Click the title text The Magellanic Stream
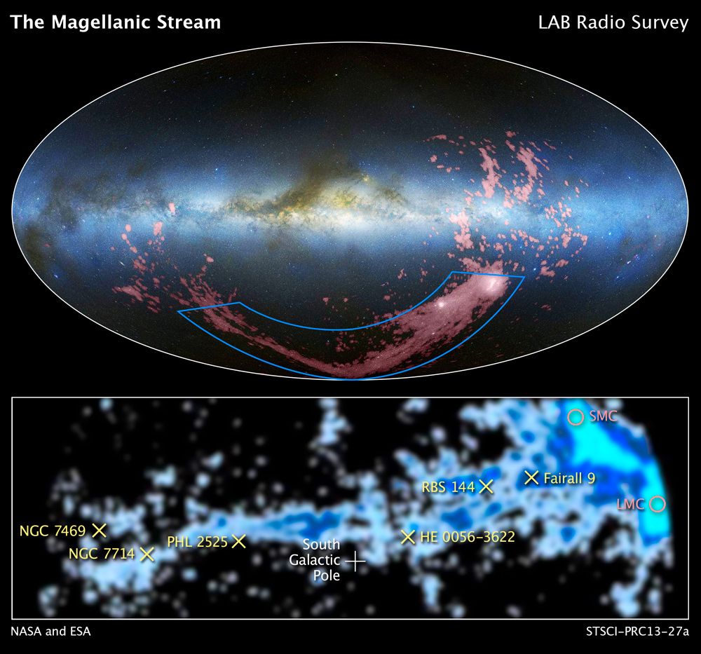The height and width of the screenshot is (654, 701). click(x=116, y=22)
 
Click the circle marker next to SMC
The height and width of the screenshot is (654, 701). click(x=576, y=417)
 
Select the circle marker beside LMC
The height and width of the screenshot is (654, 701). click(x=657, y=503)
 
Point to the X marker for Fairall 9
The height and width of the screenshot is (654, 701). click(x=532, y=477)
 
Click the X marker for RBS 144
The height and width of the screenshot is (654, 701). click(x=486, y=486)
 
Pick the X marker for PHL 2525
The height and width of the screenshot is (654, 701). click(x=239, y=541)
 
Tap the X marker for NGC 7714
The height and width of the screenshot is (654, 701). click(x=147, y=554)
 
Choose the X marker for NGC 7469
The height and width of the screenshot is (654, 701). click(x=99, y=529)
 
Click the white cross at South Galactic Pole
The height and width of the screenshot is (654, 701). click(x=355, y=560)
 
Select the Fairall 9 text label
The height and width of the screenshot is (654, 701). click(x=569, y=478)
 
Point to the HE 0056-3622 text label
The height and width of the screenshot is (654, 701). click(x=468, y=538)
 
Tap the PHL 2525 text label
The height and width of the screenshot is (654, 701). click(x=197, y=541)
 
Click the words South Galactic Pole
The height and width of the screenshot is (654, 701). click(x=321, y=560)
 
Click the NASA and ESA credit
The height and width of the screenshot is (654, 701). click(x=50, y=632)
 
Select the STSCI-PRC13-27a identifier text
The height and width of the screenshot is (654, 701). click(x=638, y=632)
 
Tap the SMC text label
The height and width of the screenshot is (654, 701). click(x=602, y=416)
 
